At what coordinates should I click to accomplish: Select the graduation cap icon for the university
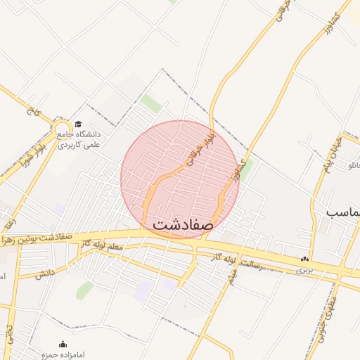pyautogui.click(x=77, y=124)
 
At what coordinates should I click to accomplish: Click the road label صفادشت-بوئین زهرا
pyautogui.click(x=39, y=238)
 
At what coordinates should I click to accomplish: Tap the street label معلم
pyautogui.click(x=112, y=248)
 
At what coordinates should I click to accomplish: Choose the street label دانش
pyautogui.click(x=45, y=273)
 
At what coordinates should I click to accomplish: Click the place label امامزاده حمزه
pyautogui.click(x=63, y=355)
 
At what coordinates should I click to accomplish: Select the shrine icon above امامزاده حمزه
pyautogui.click(x=63, y=344)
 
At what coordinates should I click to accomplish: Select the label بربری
pyautogui.click(x=304, y=269)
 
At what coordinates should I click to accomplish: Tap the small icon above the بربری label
pyautogui.click(x=304, y=259)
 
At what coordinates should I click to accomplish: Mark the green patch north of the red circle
pyautogui.click(x=150, y=103)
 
